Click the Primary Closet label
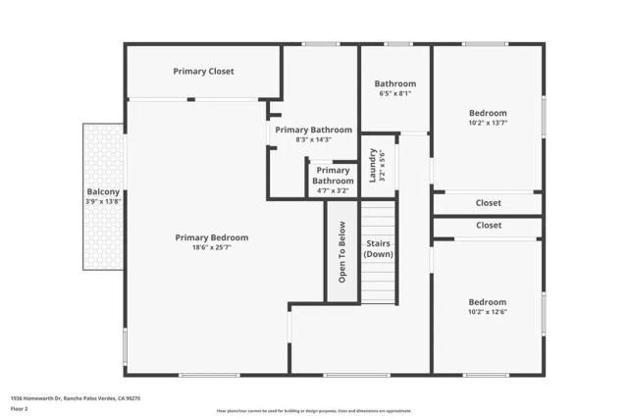(203, 72)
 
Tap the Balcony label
(103, 191)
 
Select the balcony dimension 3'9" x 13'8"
(103, 202)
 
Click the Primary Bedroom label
(211, 237)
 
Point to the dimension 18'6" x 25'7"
(211, 248)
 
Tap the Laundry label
(373, 165)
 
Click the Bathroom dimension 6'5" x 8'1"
(395, 94)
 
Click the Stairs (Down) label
(379, 248)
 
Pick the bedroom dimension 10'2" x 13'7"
(488, 124)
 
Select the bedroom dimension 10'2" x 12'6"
(488, 312)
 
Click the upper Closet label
(489, 203)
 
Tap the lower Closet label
(489, 226)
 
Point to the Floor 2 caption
(19, 408)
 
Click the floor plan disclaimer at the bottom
(314, 410)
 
